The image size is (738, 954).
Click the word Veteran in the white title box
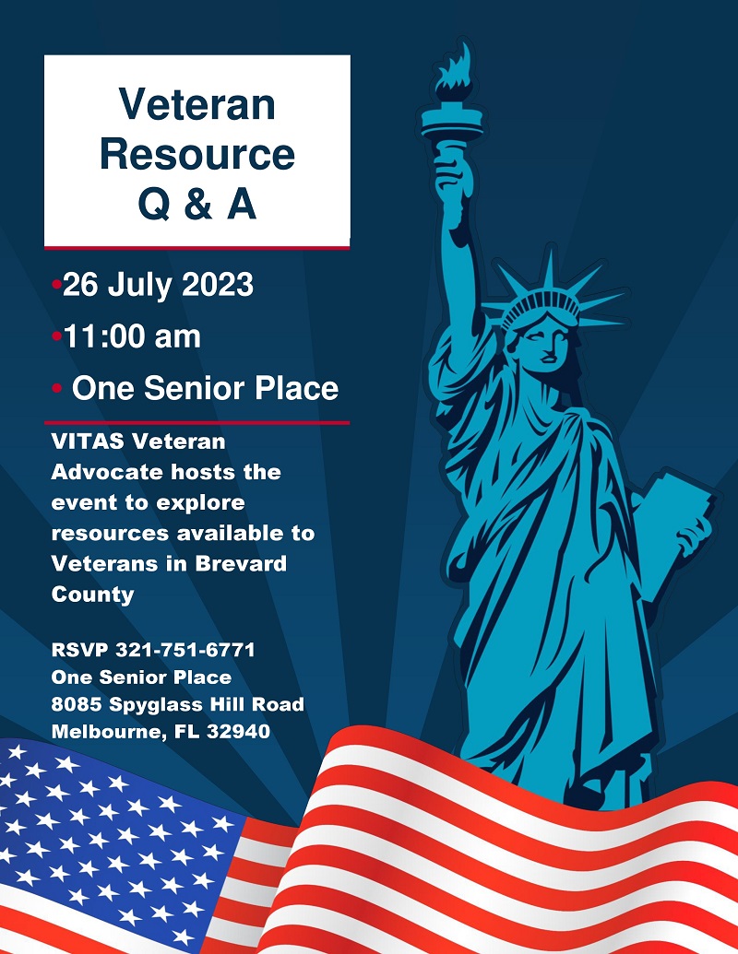[x=196, y=104]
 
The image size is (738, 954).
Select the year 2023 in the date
[x=218, y=285]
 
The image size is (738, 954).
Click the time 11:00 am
[x=132, y=336]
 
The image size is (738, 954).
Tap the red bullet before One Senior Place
[x=56, y=388]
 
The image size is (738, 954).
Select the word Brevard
[x=241, y=563]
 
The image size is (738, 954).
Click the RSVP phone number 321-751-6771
[x=185, y=650]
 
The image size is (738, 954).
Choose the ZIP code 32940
[x=238, y=731]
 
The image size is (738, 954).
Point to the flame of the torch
[x=455, y=72]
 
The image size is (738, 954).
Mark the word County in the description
[x=92, y=595]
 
